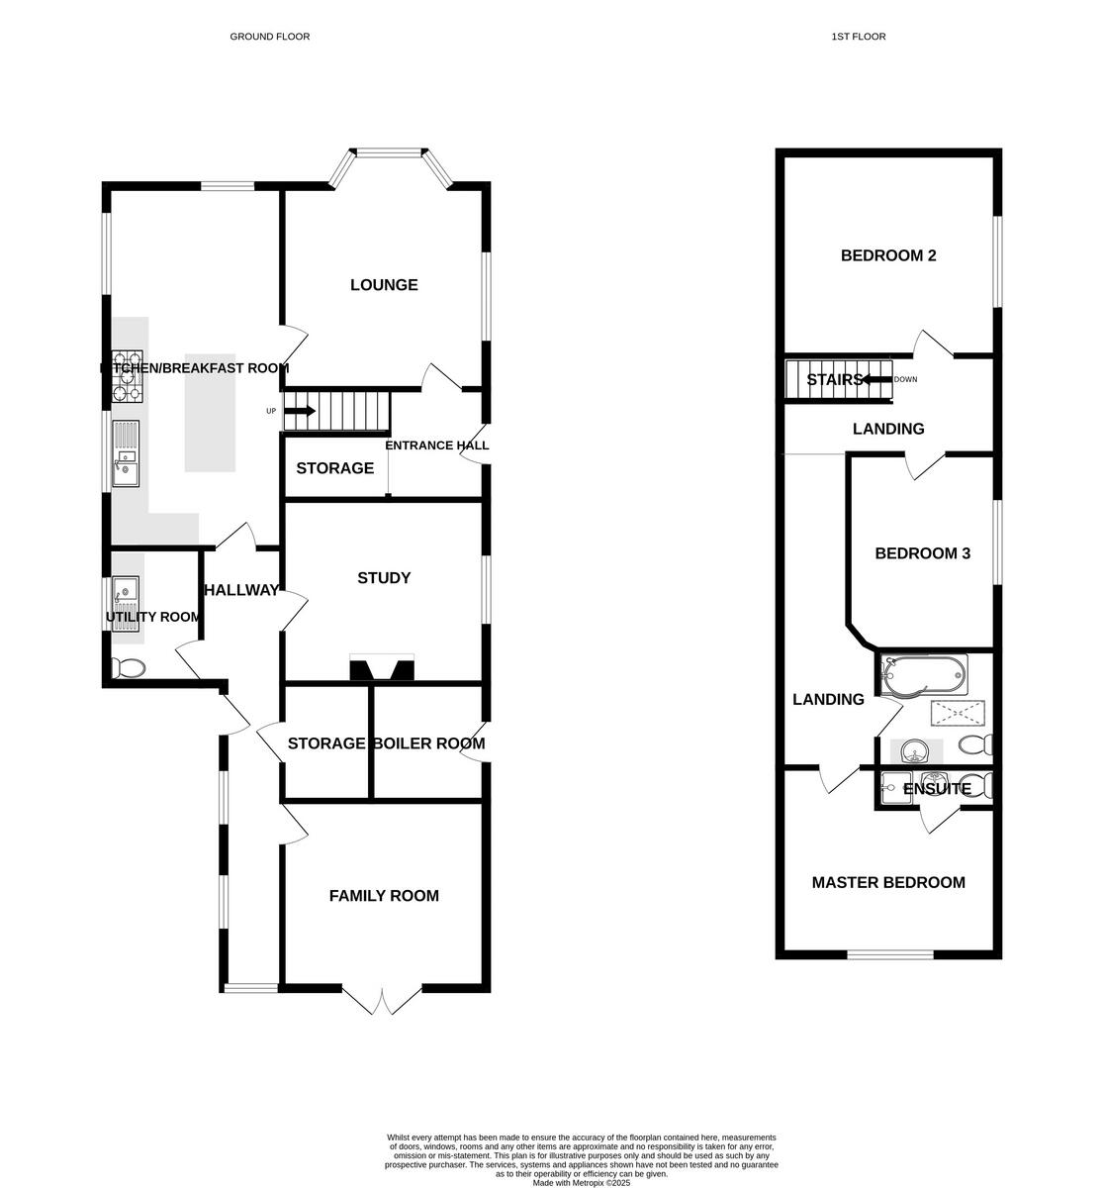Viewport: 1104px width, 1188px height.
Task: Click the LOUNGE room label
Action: pos(384,285)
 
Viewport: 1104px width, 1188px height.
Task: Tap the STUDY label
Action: pos(384,578)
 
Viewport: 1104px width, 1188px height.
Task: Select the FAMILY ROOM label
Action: pos(384,896)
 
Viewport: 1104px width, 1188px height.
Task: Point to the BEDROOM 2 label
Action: pos(888,255)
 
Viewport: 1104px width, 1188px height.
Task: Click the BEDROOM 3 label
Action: pos(922,553)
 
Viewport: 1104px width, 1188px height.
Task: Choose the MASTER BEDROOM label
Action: pos(888,882)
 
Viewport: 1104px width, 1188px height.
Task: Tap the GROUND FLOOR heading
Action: pos(270,37)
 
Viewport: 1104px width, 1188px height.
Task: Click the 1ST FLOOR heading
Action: pos(859,37)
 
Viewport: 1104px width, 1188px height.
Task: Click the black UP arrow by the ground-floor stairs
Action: pos(300,411)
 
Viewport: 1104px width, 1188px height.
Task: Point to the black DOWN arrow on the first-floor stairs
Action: pos(875,379)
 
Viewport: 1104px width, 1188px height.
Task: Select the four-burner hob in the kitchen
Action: pos(127,377)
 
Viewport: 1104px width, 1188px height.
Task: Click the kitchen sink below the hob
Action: pos(128,454)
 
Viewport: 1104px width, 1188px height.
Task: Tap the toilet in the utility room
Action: pos(129,669)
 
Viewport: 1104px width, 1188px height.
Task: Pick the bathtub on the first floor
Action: pos(921,675)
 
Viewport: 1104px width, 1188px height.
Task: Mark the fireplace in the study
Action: pos(382,670)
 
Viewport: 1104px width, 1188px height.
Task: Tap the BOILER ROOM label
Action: pos(428,743)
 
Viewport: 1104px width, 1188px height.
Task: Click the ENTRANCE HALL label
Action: pos(436,445)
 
